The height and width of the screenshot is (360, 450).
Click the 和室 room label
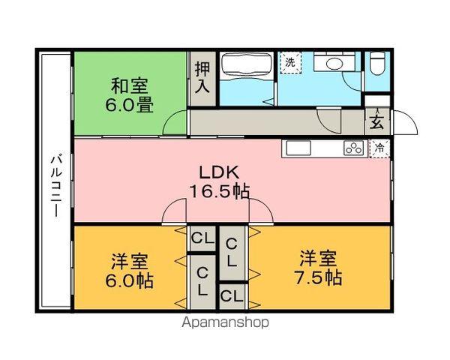130,84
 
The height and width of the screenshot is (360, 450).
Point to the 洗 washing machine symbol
289,63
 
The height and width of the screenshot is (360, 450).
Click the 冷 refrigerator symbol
380,148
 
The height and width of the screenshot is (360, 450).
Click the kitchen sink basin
296,147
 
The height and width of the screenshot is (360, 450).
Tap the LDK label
215,170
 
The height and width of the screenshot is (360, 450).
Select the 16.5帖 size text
220,190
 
